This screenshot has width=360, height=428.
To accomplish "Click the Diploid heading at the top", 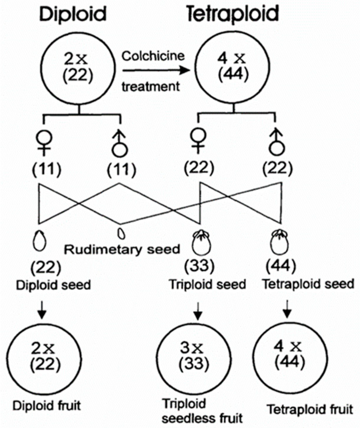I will [73, 14].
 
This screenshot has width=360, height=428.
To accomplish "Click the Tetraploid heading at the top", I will [233, 14].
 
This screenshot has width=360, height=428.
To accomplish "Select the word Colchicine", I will [153, 56].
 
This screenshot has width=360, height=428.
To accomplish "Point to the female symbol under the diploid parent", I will [44, 143].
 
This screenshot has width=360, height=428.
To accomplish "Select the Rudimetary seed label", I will [122, 249].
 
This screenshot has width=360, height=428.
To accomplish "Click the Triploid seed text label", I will [207, 284].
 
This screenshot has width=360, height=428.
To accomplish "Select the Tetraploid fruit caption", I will [310, 410].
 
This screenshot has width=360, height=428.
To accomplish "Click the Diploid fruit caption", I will [47, 406].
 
